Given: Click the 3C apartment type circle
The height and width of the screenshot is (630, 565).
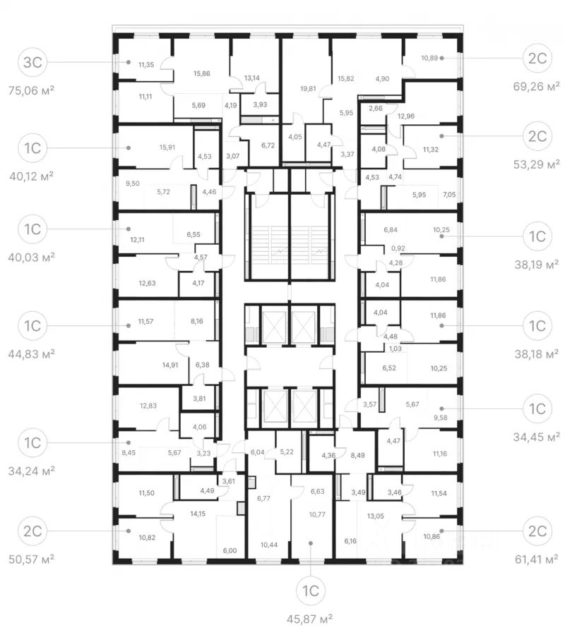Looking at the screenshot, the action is [32, 62].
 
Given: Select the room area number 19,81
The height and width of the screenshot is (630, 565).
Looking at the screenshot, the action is [307, 89].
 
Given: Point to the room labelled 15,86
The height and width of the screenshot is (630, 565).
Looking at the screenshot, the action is [202, 73].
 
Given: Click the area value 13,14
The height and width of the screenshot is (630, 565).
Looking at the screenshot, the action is [253, 78].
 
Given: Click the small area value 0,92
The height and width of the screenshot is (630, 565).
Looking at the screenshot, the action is [398, 248].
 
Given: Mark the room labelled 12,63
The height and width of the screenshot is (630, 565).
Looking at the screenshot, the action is [147, 284].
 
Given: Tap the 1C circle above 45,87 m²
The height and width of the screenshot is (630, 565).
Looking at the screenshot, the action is [311, 588].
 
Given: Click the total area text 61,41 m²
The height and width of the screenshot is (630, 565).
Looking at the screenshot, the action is [537, 558].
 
